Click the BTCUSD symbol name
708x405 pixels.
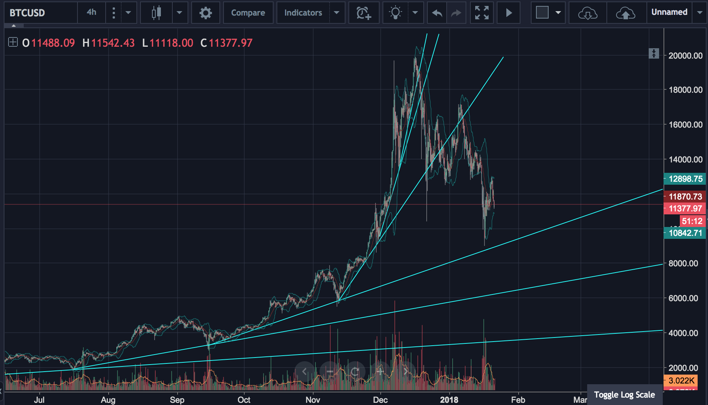(x=27, y=13)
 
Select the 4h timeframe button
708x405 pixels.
(x=91, y=12)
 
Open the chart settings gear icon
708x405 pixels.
(x=205, y=13)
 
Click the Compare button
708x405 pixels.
(x=248, y=13)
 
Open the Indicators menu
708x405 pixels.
(x=303, y=13)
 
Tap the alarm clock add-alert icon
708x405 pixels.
(x=363, y=13)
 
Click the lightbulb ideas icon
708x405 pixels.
(x=396, y=13)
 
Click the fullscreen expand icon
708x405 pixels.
(x=482, y=13)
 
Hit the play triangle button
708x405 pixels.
(x=509, y=13)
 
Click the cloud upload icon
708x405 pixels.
(x=625, y=13)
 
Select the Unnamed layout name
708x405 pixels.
(x=669, y=12)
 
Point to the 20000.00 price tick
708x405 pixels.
(x=685, y=56)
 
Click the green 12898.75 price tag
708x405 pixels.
(x=685, y=179)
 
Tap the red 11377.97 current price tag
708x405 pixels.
(x=685, y=208)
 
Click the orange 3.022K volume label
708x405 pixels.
(x=681, y=380)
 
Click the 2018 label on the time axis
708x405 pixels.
(x=449, y=400)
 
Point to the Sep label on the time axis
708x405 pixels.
(x=177, y=400)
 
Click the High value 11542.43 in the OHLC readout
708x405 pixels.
(x=113, y=43)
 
